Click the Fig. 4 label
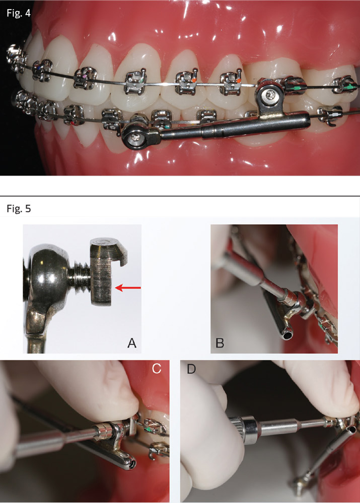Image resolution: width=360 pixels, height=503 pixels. click(x=19, y=14)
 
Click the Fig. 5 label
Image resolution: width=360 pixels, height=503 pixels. click(x=19, y=209)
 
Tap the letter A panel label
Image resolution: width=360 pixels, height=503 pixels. click(x=132, y=343)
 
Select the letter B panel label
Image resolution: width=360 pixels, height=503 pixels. click(x=220, y=343)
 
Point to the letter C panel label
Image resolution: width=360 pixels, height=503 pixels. click(x=157, y=369)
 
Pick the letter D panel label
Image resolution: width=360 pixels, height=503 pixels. click(x=191, y=369)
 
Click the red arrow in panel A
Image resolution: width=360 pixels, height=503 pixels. click(x=128, y=288)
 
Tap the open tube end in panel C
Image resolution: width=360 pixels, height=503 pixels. click(x=130, y=462)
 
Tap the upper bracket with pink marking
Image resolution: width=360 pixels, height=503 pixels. click(x=86, y=77)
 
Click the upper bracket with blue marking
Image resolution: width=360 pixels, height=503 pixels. click(x=43, y=70)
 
